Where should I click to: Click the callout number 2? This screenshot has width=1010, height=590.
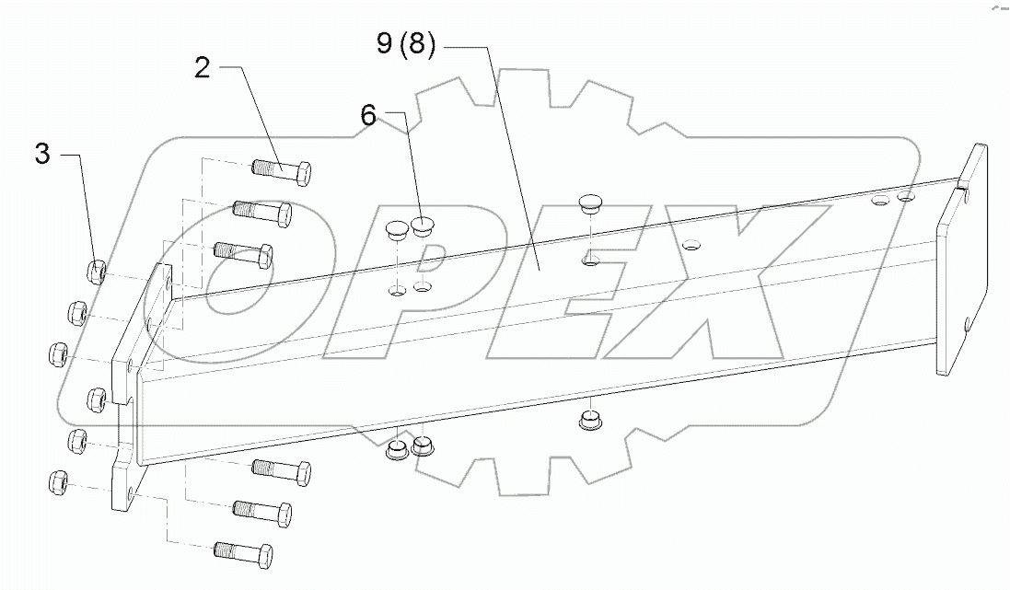[x=203, y=69]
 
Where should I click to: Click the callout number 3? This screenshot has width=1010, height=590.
[x=42, y=154]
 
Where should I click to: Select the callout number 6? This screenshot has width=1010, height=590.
[x=368, y=115]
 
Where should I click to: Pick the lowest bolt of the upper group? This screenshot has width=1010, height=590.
[x=242, y=252]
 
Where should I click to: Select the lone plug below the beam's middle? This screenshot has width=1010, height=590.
[x=590, y=421]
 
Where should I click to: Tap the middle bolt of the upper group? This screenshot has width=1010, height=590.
[x=263, y=211]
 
